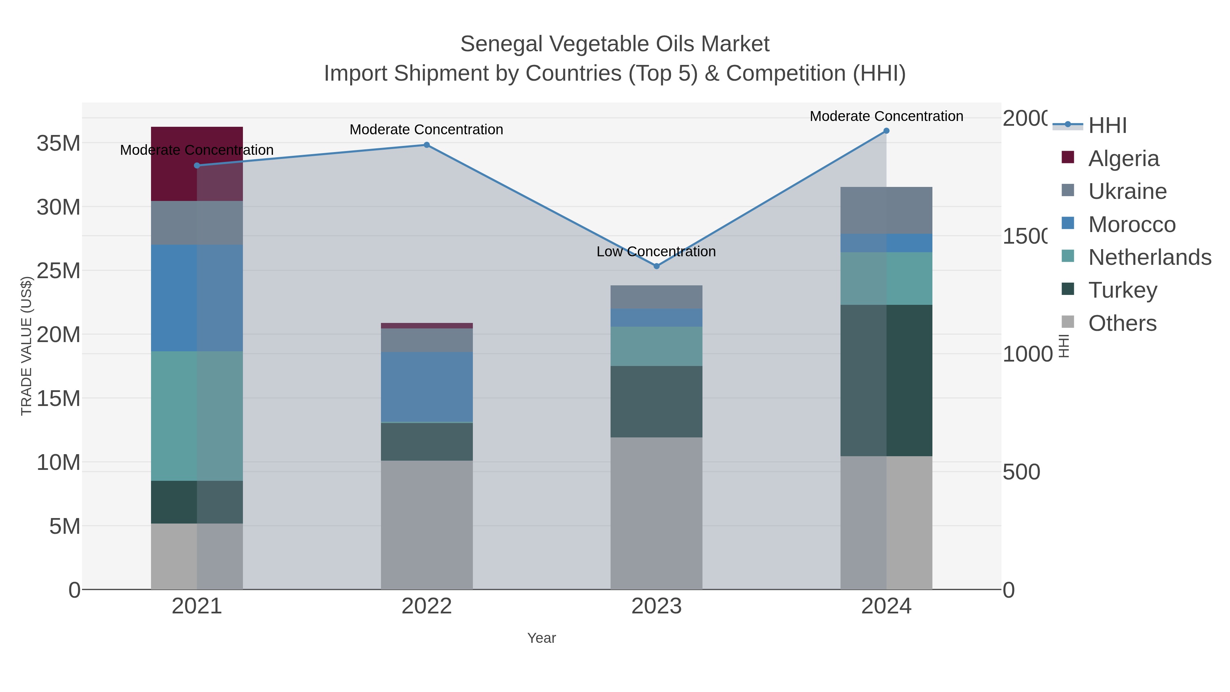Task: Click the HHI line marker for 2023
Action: [x=657, y=266]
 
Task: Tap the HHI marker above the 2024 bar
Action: [x=886, y=131]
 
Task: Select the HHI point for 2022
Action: [x=426, y=145]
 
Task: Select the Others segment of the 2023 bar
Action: [x=657, y=513]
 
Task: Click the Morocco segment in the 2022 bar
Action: [x=426, y=387]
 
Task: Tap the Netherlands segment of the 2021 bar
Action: [x=197, y=416]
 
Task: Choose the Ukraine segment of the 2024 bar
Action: [x=886, y=211]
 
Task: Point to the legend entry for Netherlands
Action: [x=1150, y=257]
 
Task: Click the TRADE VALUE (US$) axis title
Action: [x=26, y=346]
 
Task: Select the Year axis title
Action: [x=542, y=638]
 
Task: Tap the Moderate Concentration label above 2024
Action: [x=886, y=117]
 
